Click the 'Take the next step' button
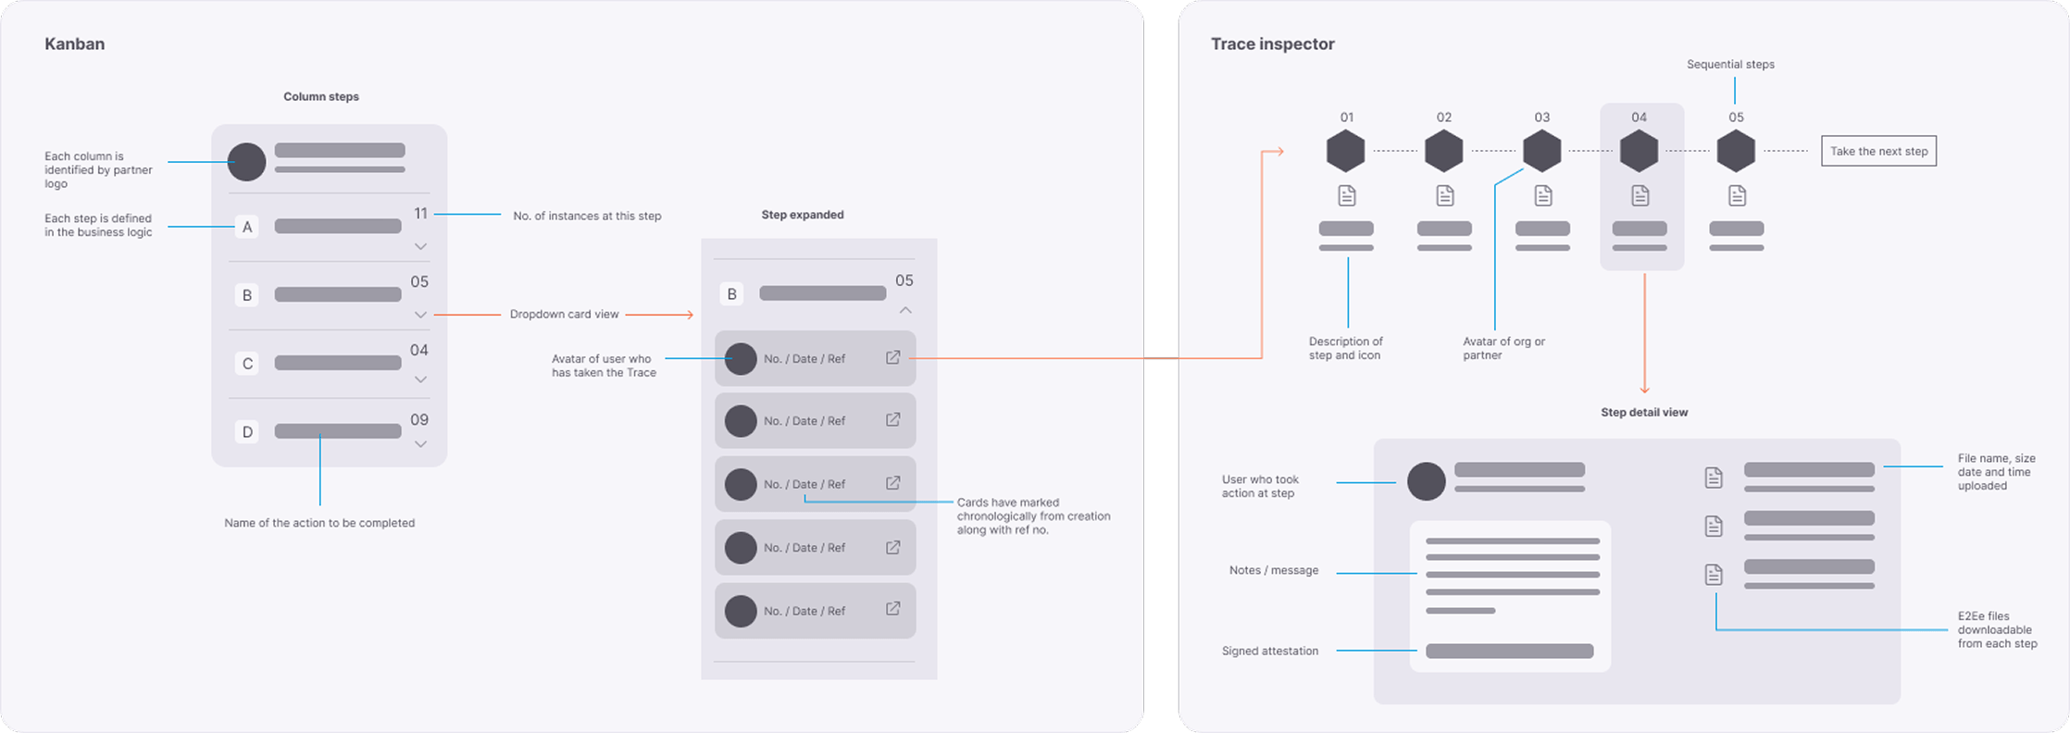(1878, 151)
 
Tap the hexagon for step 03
(1541, 151)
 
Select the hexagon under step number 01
(1346, 151)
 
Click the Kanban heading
(74, 43)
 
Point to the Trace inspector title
(1272, 43)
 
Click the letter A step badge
(246, 227)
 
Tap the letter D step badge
(246, 431)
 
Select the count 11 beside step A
(420, 214)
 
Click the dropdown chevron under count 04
(420, 379)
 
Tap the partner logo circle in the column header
(246, 162)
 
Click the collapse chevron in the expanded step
(905, 310)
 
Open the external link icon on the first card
(892, 357)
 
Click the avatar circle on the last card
(741, 611)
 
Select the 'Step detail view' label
(1644, 412)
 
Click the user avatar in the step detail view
(1426, 481)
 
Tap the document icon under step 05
(1737, 195)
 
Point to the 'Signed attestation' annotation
(1269, 651)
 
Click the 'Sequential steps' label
(1730, 65)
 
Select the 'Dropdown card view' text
(564, 315)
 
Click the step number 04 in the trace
(1639, 118)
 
